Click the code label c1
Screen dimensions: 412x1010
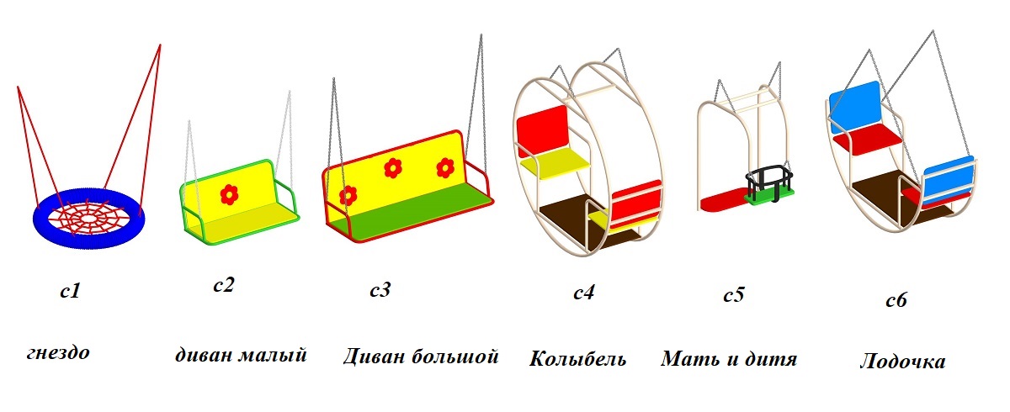coord(70,293)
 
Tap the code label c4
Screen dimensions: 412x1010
coord(584,293)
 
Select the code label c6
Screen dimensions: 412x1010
coord(896,301)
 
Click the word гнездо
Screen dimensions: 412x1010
coord(57,351)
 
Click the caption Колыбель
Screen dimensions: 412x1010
coord(577,359)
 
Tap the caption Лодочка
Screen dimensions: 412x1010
coord(902,362)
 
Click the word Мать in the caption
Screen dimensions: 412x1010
coord(687,359)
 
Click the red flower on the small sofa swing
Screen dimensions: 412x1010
coord(228,194)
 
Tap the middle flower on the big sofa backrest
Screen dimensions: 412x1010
coord(392,168)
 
